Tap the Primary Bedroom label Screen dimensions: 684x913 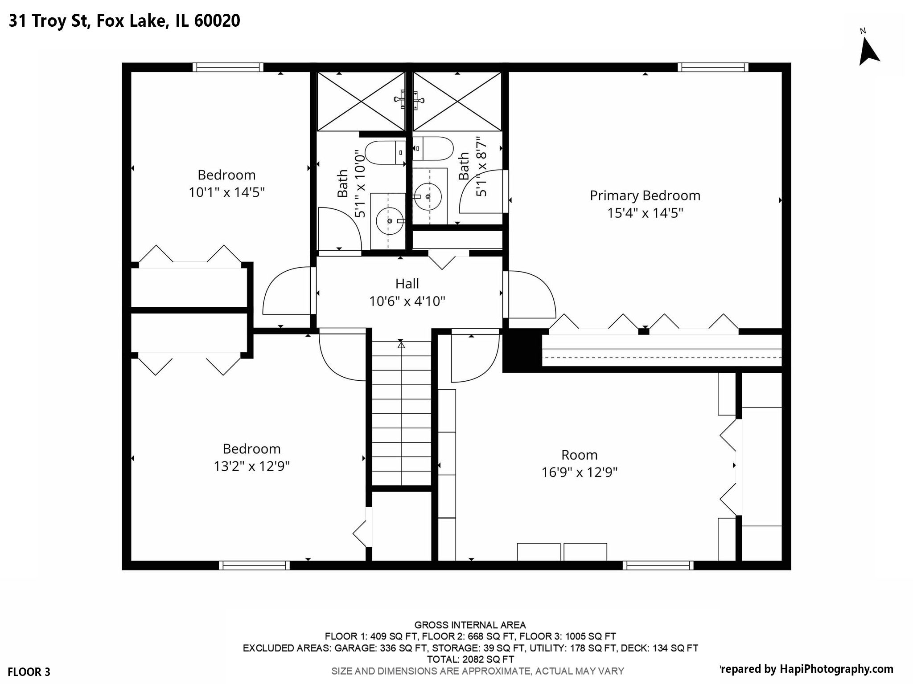point(645,195)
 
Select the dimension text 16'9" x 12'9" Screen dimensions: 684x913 point(579,472)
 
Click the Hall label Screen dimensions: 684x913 point(407,284)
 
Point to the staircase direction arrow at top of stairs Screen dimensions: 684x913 point(401,344)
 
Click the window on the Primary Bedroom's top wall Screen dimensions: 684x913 point(713,67)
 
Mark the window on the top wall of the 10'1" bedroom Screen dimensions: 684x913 point(228,67)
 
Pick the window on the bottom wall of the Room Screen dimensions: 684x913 point(658,566)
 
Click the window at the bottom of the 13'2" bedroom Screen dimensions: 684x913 point(254,566)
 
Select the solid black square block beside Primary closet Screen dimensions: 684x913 point(522,350)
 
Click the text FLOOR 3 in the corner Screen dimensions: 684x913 point(29,672)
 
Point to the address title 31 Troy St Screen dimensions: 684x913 point(124,21)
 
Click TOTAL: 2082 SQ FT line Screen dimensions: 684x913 point(470,659)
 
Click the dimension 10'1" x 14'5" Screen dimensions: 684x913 point(226,192)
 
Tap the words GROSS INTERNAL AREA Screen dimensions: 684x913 point(470,625)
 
